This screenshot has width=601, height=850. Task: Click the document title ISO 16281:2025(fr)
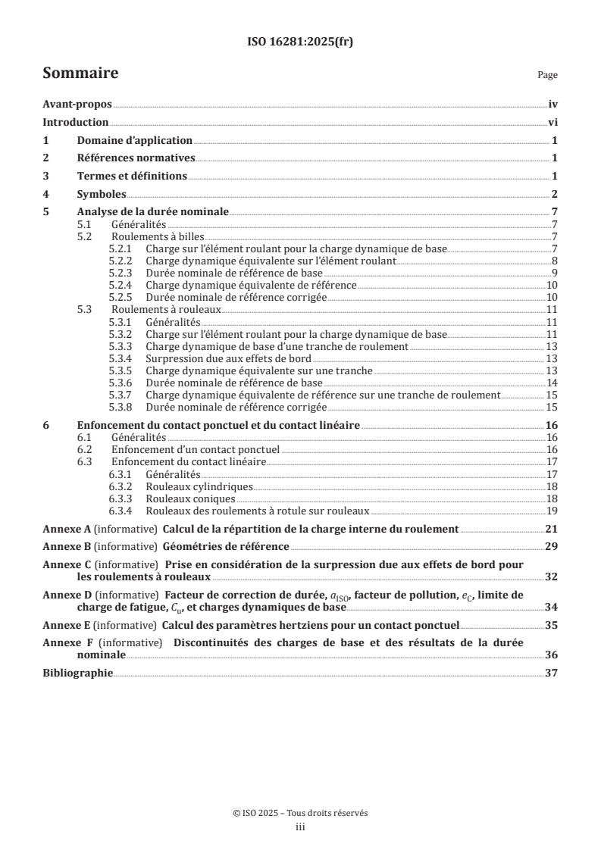coord(300,42)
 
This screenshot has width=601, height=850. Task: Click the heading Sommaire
coord(80,73)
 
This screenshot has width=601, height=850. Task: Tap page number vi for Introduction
coord(552,123)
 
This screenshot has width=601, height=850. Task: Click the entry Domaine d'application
coord(135,141)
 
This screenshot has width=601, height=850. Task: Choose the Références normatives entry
coord(136,158)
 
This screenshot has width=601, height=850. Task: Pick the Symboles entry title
coord(102,194)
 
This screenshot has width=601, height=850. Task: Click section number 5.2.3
coord(122,273)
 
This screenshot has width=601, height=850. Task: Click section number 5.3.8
coord(122,406)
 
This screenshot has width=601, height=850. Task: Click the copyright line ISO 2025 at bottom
coord(300,813)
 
